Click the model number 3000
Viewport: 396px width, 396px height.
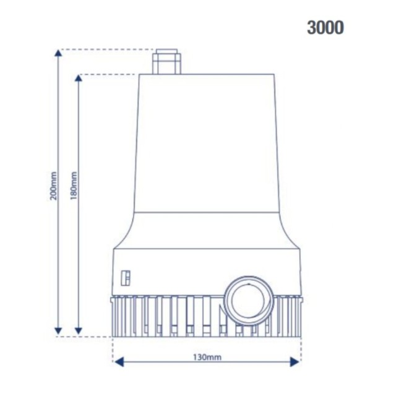pos(325,28)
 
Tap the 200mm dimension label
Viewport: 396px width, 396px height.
pos(53,186)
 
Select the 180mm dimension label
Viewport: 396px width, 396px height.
pos(74,186)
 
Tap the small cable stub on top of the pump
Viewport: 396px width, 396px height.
pos(167,61)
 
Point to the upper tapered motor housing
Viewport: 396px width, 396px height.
pos(204,142)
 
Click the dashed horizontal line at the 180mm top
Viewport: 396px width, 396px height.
pos(108,75)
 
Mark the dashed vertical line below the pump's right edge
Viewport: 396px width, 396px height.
pos(300,350)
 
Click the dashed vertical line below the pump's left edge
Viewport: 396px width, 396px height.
pos(113,350)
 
